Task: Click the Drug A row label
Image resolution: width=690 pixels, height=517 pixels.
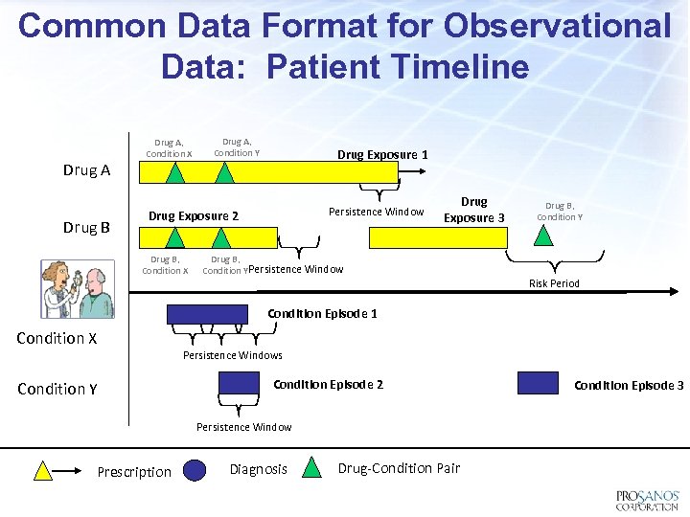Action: [x=86, y=170]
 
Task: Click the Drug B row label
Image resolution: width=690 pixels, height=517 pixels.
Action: [x=86, y=228]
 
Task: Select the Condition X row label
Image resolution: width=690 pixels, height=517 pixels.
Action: [x=57, y=338]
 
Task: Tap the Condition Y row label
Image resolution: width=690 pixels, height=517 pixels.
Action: [x=57, y=389]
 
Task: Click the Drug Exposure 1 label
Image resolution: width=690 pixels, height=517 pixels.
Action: [x=382, y=154]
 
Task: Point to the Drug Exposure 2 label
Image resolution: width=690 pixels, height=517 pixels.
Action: [x=194, y=216]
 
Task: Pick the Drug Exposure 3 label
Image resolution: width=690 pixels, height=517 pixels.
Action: [x=473, y=210]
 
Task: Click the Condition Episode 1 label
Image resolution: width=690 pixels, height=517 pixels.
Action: [x=322, y=313]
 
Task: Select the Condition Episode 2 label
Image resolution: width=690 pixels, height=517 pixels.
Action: [x=328, y=384]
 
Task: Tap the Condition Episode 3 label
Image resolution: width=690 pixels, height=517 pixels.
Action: [x=629, y=385]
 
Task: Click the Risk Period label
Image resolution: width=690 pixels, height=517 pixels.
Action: [x=554, y=283]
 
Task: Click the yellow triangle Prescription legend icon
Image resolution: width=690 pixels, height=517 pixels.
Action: [x=43, y=470]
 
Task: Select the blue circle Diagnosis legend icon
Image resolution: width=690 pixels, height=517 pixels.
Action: [x=195, y=469]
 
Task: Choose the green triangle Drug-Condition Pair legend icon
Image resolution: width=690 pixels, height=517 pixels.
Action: [x=312, y=468]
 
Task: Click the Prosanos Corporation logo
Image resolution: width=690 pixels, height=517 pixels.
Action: [x=647, y=500]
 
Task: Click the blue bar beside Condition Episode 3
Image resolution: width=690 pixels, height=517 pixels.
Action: [x=538, y=383]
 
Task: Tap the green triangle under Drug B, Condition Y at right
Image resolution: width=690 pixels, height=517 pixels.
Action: [x=543, y=236]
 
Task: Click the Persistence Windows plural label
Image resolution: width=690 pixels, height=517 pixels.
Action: [x=233, y=355]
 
